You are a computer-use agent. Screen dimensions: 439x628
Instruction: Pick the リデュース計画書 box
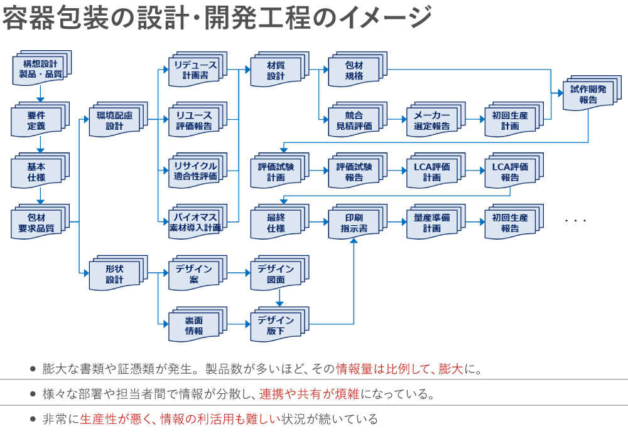pyautogui.click(x=195, y=70)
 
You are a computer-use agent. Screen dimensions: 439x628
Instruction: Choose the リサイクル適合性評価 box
pyautogui.click(x=195, y=171)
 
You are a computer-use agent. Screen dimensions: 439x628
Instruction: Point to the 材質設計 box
pyautogui.click(x=276, y=70)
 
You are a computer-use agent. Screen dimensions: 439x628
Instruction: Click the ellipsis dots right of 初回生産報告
pyautogui.click(x=575, y=221)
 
